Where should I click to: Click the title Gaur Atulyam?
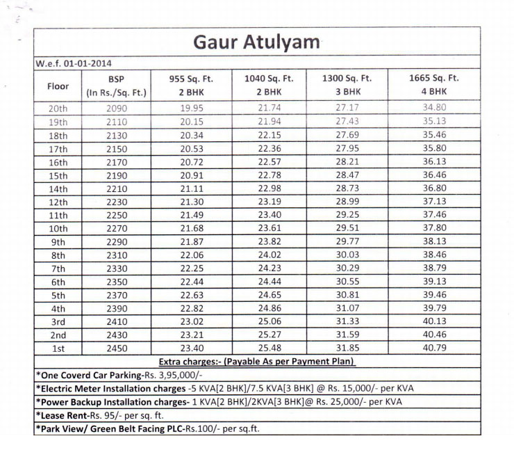[x=257, y=42]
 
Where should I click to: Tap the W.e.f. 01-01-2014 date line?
[x=73, y=63]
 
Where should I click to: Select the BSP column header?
[x=115, y=85]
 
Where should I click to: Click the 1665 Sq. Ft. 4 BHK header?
[x=434, y=85]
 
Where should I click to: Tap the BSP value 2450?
[x=117, y=348]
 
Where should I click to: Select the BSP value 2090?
[x=117, y=108]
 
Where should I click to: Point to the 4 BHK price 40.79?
[x=434, y=348]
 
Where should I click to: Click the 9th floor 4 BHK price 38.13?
[x=434, y=242]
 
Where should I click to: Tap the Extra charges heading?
[x=256, y=362]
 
